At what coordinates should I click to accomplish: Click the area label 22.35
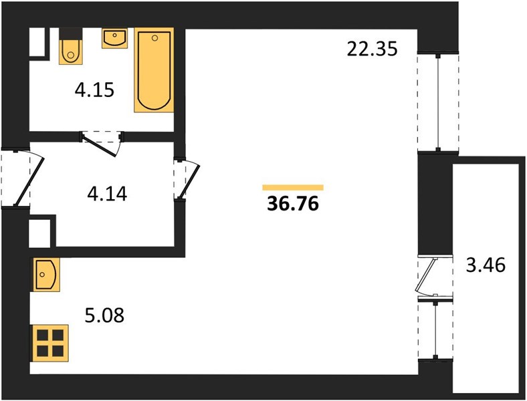[x=372, y=49]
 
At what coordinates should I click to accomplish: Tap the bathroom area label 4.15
[x=94, y=90]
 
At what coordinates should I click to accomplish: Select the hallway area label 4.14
[x=107, y=194]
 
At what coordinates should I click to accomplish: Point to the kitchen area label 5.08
[x=104, y=315]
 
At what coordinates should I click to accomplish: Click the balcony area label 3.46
[x=486, y=265]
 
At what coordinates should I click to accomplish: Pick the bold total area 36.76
[x=293, y=204]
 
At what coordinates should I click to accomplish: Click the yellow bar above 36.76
[x=293, y=187]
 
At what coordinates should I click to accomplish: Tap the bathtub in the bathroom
[x=154, y=70]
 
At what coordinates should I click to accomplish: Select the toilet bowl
[x=71, y=51]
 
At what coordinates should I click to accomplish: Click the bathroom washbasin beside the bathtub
[x=114, y=38]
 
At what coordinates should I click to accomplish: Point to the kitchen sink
[x=45, y=275]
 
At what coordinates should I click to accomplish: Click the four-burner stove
[x=49, y=343]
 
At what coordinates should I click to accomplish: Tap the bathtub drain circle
[x=154, y=38]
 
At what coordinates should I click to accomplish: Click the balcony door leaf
[x=425, y=275]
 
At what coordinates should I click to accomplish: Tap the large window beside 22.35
[x=438, y=103]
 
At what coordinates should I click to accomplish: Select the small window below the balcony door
[x=435, y=329]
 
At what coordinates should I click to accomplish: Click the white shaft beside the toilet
[x=37, y=42]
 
